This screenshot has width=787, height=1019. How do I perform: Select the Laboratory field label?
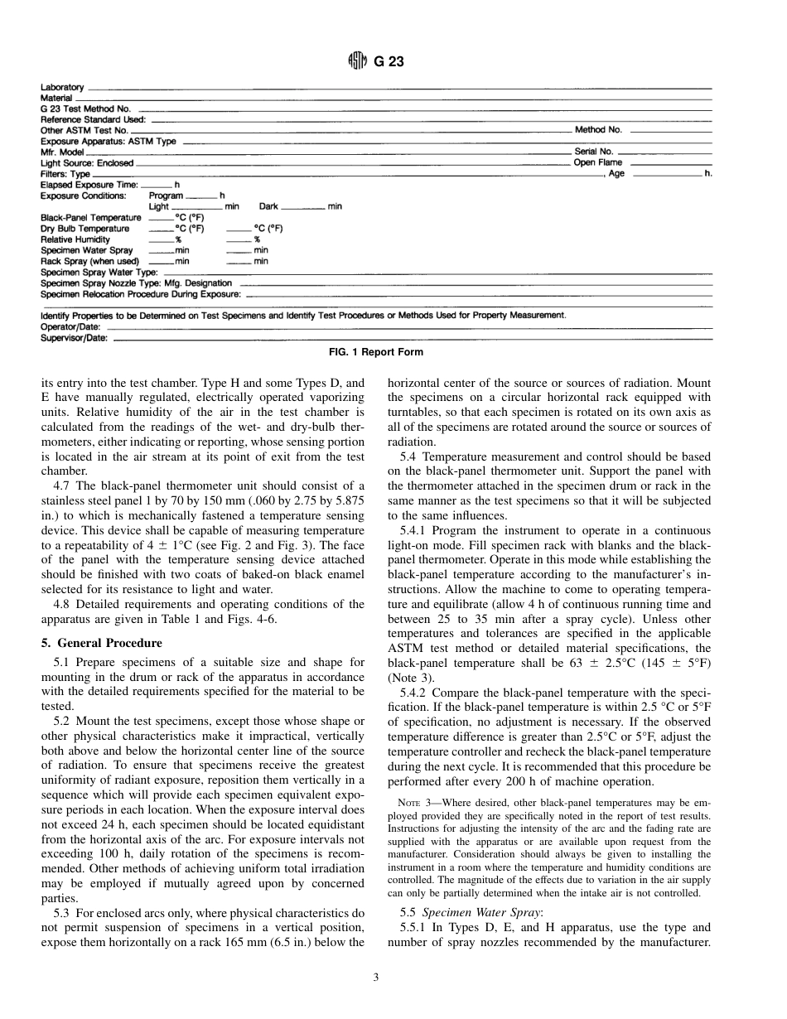point(62,87)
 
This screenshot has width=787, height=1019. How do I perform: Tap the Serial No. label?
point(594,152)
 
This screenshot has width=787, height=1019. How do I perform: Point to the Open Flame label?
point(598,162)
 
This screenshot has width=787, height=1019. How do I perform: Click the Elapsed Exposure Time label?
point(89,185)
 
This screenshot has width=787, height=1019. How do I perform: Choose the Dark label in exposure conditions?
point(268,206)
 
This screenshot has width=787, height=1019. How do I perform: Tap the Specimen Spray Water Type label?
point(99,272)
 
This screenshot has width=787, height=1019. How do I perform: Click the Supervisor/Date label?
point(74,338)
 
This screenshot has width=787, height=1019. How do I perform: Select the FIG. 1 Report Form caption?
point(376,352)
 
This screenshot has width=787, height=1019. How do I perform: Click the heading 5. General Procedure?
point(101,643)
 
